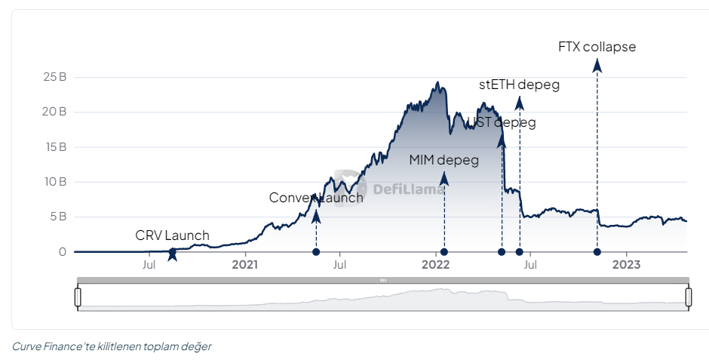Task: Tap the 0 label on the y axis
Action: coord(63,252)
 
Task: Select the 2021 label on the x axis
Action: coord(245,265)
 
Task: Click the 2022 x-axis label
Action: coord(436,265)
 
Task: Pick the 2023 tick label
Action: coord(626,265)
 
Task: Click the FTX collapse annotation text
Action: coord(597,47)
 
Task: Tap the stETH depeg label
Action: coord(520,85)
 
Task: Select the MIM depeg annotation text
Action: coord(444,160)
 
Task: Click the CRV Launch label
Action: coord(173,235)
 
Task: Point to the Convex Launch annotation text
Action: coord(316,198)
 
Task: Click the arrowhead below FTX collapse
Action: coord(597,66)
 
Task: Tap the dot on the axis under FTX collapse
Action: coord(597,252)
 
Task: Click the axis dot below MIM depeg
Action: coord(444,252)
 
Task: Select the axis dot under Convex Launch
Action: coord(316,252)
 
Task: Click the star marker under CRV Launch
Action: coord(173,254)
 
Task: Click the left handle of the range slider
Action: coord(78,297)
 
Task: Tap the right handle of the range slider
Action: coord(688,297)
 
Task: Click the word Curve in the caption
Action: coord(27,346)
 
